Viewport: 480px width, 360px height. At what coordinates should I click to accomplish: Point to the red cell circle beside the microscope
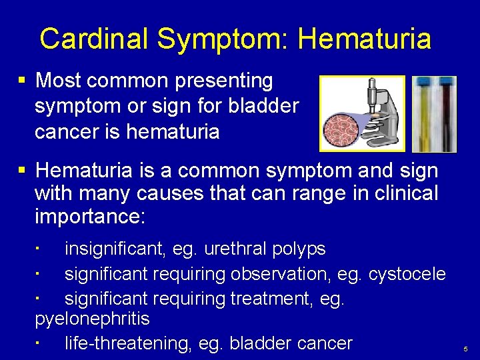pos(343,125)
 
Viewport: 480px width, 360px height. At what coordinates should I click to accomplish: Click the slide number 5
pos(465,349)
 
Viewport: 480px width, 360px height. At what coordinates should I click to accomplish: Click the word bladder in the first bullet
pos(266,107)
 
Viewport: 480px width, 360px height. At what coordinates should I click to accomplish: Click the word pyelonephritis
pos(92,319)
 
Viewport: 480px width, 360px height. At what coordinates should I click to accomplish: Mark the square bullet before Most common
pos(22,81)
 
